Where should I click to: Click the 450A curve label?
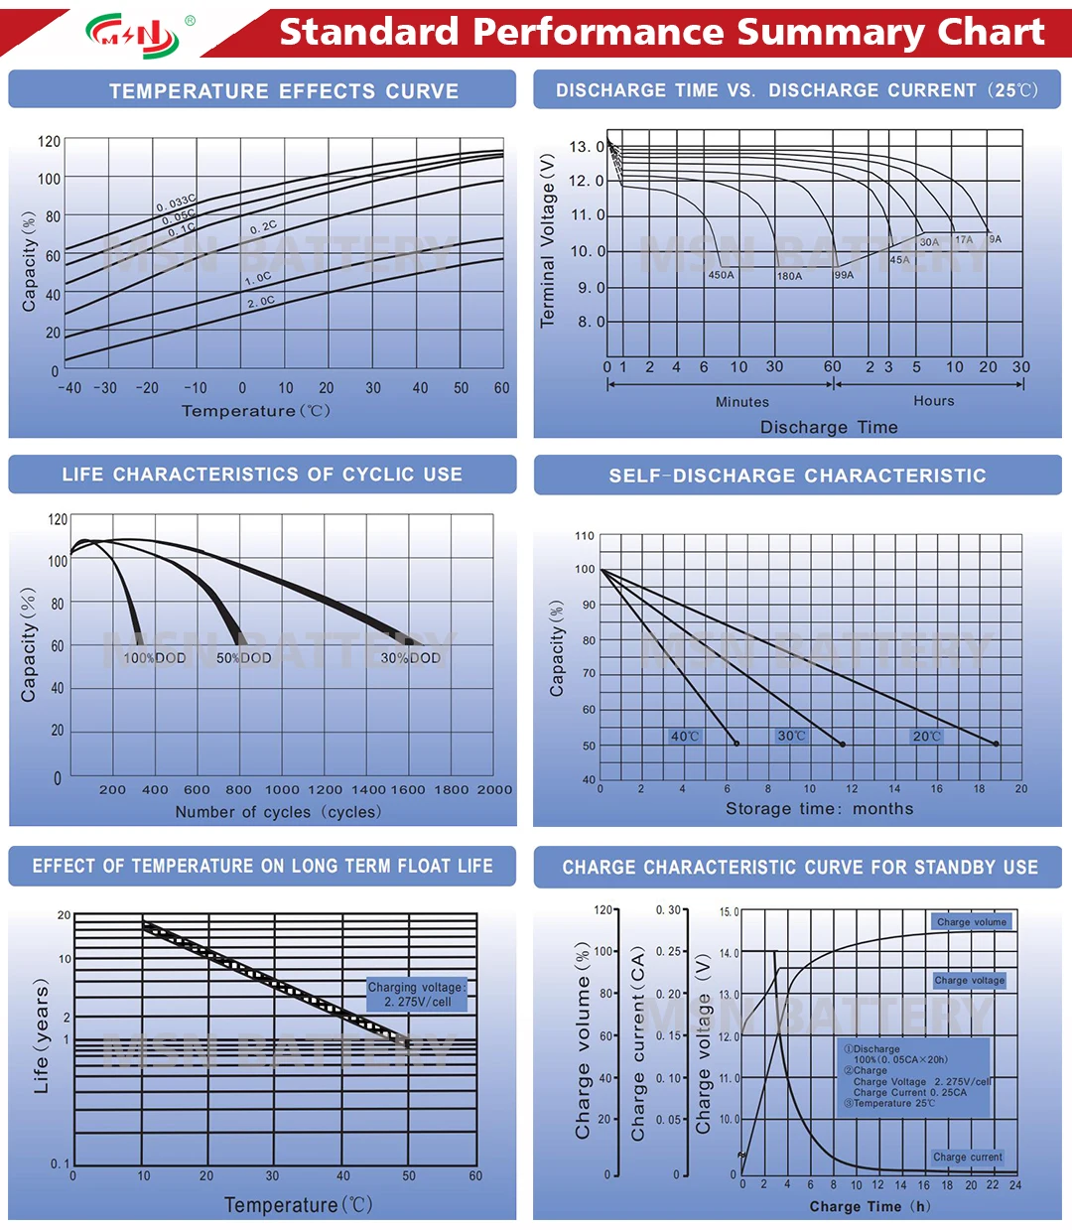click(x=722, y=275)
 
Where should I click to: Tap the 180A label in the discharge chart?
click(x=789, y=276)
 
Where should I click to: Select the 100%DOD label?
click(x=154, y=658)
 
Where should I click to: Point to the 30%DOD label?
click(x=411, y=658)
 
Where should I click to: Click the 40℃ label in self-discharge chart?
click(x=685, y=737)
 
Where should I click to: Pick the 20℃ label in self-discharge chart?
click(x=926, y=737)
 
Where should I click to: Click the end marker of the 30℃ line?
click(x=844, y=744)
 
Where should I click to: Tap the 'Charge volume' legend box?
click(x=971, y=922)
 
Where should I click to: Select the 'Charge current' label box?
click(x=968, y=1157)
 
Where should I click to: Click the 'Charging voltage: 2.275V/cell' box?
click(x=417, y=995)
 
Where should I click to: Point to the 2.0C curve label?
click(x=261, y=302)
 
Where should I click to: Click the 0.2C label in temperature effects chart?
click(x=264, y=227)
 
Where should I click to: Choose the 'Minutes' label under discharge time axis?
click(x=742, y=402)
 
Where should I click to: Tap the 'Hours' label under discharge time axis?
click(x=934, y=401)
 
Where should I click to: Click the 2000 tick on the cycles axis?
click(x=494, y=790)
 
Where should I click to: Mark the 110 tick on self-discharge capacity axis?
click(x=585, y=536)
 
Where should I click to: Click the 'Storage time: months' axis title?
click(x=819, y=808)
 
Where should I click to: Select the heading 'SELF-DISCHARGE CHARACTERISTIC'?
click(x=797, y=476)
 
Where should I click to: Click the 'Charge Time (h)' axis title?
click(x=870, y=1206)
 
